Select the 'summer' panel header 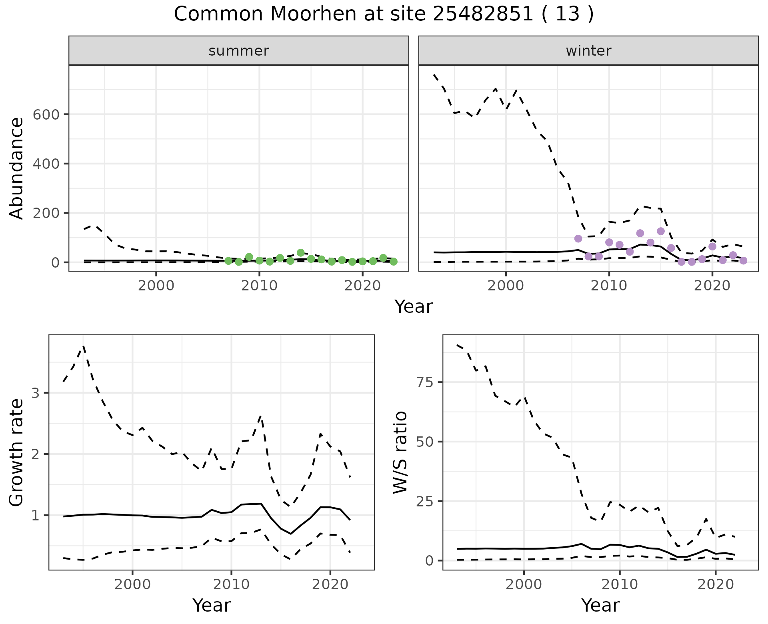(x=238, y=51)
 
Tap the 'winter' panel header (x=588, y=51)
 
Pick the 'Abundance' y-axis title (x=17, y=168)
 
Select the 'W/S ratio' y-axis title (x=400, y=452)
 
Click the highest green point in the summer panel (x=301, y=253)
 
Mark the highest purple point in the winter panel (x=660, y=231)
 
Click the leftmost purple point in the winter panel (x=578, y=238)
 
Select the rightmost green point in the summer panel (x=394, y=262)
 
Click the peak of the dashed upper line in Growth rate (x=83, y=346)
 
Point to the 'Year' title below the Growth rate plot (x=212, y=606)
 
